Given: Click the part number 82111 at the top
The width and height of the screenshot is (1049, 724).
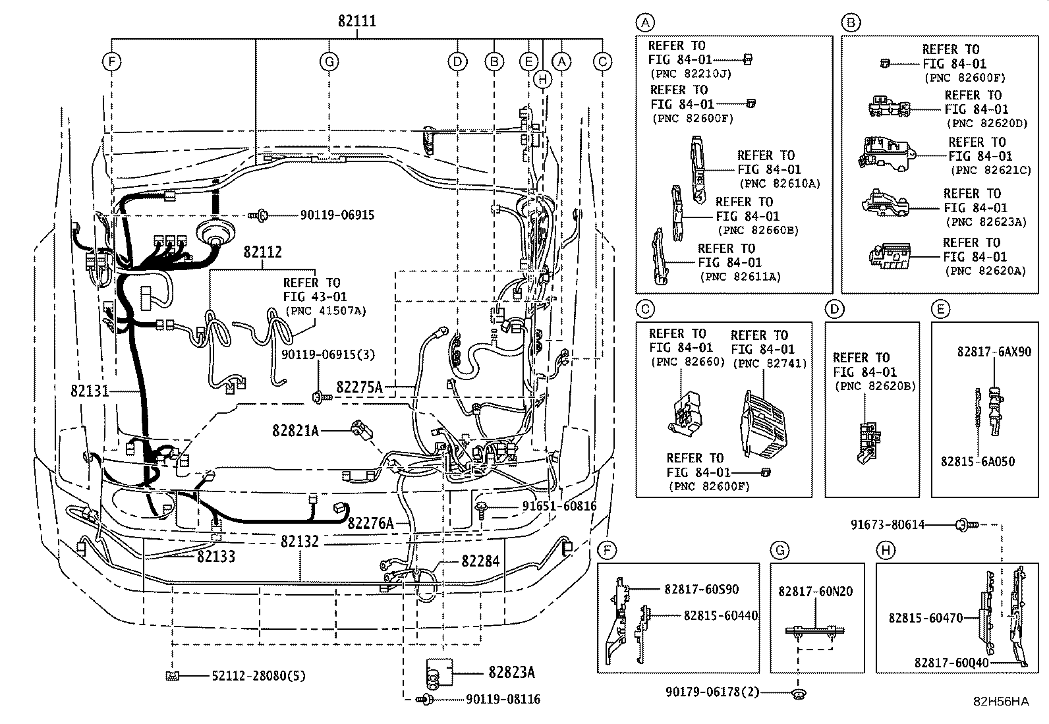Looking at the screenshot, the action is coord(357,21).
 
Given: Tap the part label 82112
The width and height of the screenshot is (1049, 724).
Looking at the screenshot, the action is coord(262,252).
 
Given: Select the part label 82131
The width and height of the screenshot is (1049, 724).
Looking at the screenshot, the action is coord(90,391).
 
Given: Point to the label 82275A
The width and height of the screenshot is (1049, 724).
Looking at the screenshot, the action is coord(359,387).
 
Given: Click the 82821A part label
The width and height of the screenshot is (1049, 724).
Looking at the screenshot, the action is coord(295,430).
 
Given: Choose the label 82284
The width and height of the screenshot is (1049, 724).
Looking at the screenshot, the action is coord(480,561).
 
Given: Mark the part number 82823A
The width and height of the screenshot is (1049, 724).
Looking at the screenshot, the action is coord(511,673).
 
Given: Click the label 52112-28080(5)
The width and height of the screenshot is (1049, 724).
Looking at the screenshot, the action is coord(258,676).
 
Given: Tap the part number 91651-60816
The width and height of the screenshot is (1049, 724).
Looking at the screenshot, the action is coord(559,506).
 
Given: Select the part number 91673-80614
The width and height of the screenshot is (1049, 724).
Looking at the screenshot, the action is coord(888,525).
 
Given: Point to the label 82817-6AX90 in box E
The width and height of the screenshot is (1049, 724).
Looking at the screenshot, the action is coord(994,352).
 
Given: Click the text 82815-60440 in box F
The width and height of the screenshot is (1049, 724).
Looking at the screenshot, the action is coord(720,615).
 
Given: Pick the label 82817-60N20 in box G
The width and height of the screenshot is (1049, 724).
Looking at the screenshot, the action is coord(815,592).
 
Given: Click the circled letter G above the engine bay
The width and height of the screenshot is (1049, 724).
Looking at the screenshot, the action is coord(329,62).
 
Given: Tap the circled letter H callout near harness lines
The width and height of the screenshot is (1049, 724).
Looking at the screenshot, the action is coord(542,80).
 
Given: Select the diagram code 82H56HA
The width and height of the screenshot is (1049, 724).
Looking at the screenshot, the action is coord(1001,702).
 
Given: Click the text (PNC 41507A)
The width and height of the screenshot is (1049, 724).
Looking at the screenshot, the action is coord(326,311).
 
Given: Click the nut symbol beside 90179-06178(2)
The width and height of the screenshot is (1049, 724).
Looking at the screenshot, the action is coord(798,694).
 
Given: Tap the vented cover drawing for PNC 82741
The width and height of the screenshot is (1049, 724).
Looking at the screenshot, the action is coord(763,425).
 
